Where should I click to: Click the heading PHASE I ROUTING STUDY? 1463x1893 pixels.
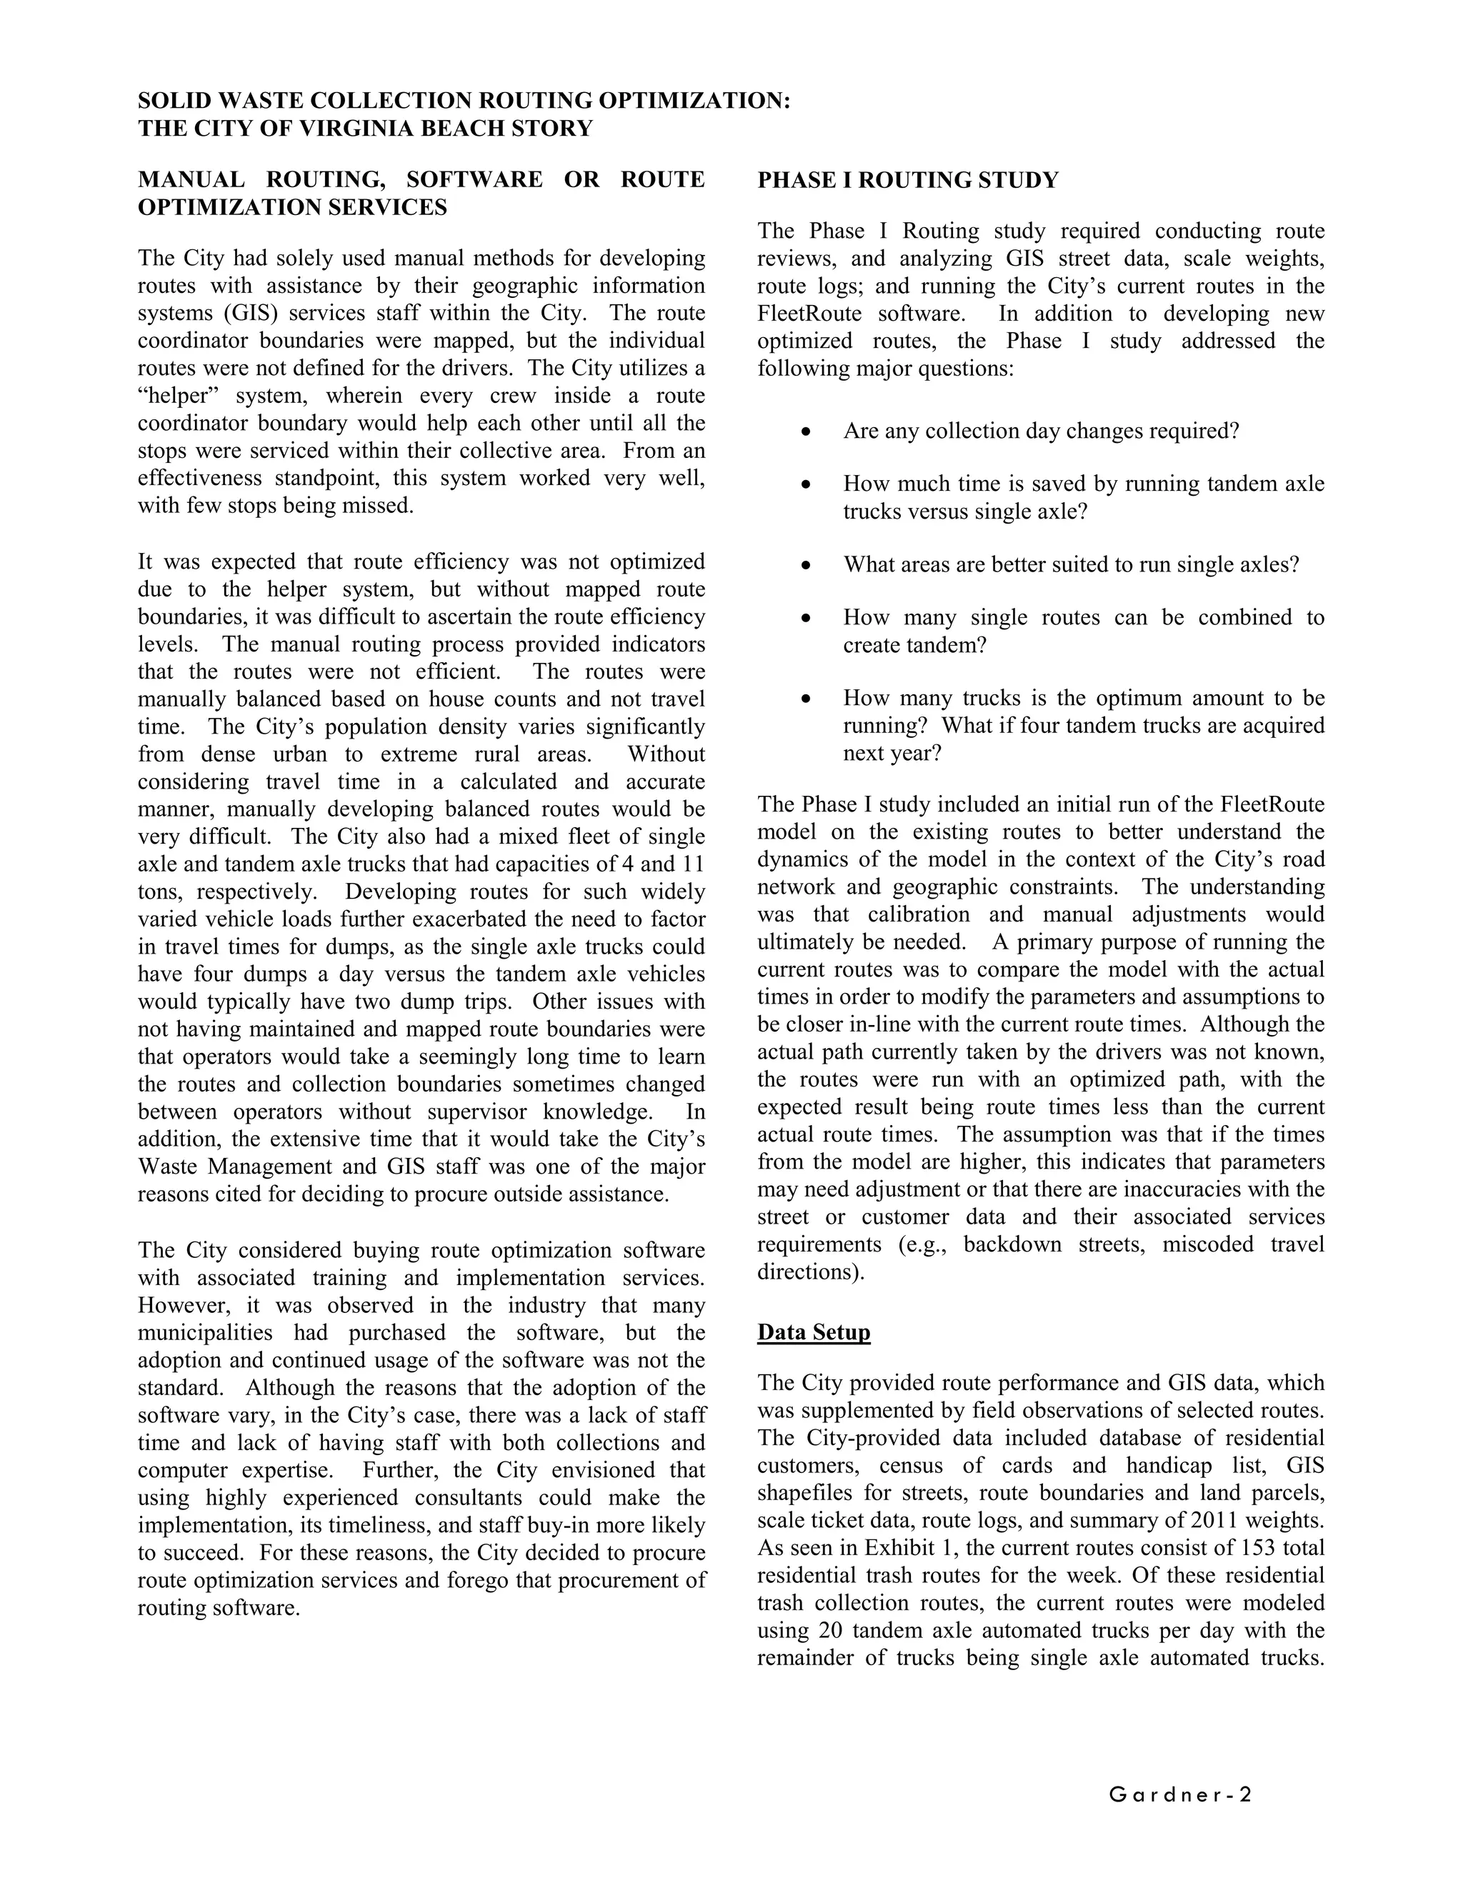coord(907,180)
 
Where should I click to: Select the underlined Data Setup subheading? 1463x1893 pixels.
coord(813,1332)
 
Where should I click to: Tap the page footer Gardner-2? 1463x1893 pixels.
coord(1179,1795)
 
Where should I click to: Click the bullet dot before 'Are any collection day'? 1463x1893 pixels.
coord(806,431)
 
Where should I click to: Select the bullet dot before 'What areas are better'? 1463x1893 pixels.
coord(806,565)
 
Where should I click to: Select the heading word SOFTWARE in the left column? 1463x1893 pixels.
coord(474,179)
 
